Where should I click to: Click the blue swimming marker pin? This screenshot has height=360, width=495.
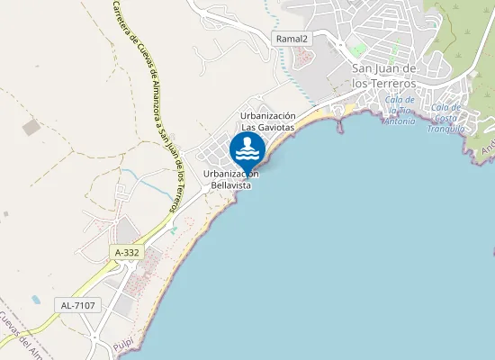click(247, 150)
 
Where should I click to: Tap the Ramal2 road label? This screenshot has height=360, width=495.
click(292, 39)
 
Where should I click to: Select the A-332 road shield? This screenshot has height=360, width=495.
click(128, 253)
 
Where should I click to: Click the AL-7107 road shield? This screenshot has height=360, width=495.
click(79, 306)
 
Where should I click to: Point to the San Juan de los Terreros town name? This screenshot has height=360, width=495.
click(384, 76)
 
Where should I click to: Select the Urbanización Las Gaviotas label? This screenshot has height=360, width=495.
click(268, 121)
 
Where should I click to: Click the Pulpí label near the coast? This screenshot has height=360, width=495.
click(123, 343)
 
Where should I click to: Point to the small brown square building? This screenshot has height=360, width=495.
click(31, 128)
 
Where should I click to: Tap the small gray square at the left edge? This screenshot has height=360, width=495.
click(5, 215)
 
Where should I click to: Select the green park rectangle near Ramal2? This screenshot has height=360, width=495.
click(359, 49)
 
